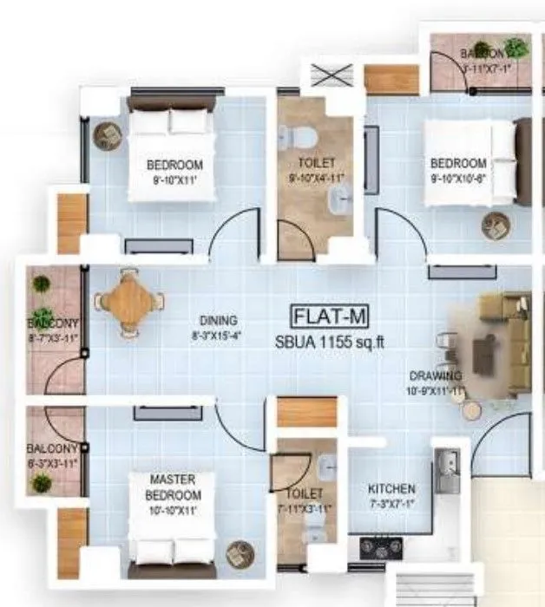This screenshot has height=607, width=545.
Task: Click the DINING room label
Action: click(x=216, y=320)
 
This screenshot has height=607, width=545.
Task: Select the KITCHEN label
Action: click(x=391, y=489)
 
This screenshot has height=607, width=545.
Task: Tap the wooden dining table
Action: click(x=129, y=301)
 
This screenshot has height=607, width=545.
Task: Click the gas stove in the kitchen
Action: click(x=379, y=547)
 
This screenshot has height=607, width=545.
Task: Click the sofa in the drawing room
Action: click(x=502, y=342)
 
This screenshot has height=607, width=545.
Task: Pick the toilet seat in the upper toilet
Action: click(x=299, y=136)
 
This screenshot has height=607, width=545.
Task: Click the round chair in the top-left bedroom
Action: click(x=108, y=135)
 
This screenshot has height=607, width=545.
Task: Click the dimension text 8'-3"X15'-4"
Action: click(x=215, y=335)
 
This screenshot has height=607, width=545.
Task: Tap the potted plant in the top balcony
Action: click(x=516, y=48)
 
